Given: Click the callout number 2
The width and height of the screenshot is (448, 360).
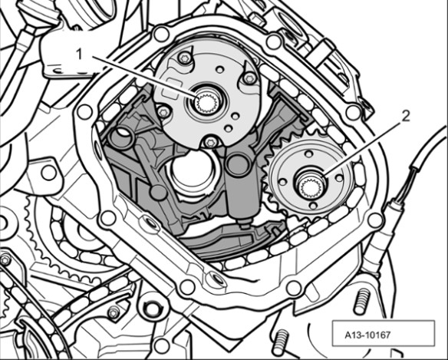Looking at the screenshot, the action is [405, 117].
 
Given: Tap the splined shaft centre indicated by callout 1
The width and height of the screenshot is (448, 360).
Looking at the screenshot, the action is [206, 103].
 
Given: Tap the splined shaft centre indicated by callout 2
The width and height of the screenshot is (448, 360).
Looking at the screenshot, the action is [311, 187].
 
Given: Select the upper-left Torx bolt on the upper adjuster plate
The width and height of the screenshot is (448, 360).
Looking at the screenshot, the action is [183, 59].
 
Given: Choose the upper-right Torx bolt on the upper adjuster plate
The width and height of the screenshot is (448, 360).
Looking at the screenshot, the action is [249, 78].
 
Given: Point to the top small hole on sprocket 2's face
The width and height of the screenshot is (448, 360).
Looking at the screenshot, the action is [308, 154].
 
